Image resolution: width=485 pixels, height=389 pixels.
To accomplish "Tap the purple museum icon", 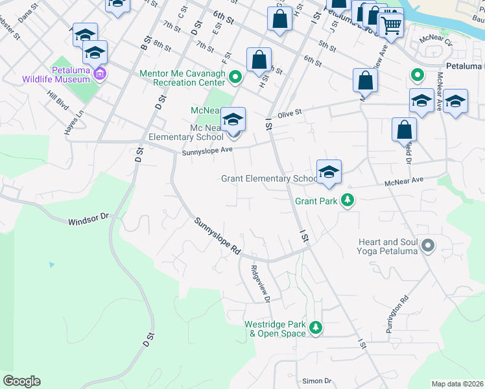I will coord(100,75).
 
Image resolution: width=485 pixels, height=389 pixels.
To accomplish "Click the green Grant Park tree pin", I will coord(348,200).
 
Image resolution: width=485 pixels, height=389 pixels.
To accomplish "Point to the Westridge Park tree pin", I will coord(315,328).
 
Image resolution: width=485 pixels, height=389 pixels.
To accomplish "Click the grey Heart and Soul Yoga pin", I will coord(427,246).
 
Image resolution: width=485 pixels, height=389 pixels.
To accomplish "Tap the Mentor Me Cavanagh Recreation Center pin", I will coord(236,78).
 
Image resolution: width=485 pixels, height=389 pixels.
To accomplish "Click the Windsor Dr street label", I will coord(87,220).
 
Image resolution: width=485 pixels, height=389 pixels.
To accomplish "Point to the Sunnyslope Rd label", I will coord(218,235).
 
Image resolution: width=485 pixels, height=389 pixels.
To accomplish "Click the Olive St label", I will coord(290,114).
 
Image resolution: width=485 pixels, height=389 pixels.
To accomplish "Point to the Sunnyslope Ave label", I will coord(207,150).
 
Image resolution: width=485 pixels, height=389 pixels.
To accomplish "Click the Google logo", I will coord(21,381).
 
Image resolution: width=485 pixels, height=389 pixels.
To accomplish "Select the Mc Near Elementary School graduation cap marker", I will coord(233,120).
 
